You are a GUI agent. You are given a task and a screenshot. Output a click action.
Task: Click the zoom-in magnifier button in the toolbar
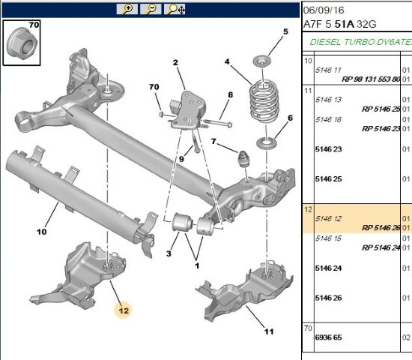click(x=127, y=9)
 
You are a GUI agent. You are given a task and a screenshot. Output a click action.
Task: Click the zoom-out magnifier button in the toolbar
click(x=151, y=9)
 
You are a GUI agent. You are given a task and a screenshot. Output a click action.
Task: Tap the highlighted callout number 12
click(x=124, y=310)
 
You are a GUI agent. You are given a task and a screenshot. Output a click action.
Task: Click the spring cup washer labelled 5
click(x=262, y=61)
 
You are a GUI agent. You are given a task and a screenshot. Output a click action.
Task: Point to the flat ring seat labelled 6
click(x=266, y=143)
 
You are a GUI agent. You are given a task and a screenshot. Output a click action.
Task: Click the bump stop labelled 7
click(x=243, y=159)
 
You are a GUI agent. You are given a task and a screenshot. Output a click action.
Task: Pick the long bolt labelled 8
click(x=217, y=122)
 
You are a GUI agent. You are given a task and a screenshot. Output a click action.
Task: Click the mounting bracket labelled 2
click(x=188, y=110)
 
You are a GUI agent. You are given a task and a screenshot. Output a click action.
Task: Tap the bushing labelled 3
click(x=182, y=223)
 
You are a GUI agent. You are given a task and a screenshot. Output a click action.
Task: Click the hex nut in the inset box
click(x=22, y=43)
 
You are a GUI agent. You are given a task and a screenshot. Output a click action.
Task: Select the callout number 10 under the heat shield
click(x=41, y=232)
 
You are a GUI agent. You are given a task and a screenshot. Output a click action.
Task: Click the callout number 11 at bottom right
click(x=269, y=331)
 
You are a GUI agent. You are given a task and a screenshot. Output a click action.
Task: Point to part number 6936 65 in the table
click(x=328, y=337)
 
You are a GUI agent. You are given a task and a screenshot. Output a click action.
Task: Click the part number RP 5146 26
click(x=381, y=228)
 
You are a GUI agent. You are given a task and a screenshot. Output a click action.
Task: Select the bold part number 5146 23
click(x=328, y=149)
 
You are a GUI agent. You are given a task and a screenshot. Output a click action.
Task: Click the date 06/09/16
click(x=324, y=10)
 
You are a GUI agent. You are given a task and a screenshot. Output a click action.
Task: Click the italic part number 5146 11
click(x=328, y=70)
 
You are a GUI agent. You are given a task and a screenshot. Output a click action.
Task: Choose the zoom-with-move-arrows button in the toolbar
click(x=175, y=9)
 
